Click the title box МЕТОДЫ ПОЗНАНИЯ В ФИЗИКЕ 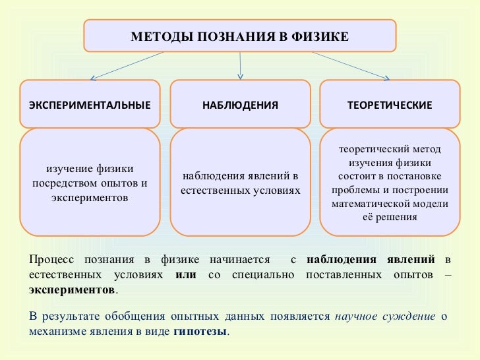[x=240, y=35]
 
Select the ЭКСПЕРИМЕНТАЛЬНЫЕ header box [x=90, y=104]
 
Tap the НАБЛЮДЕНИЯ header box [x=240, y=104]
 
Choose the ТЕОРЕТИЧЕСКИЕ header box [x=390, y=104]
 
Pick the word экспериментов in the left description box [x=90, y=196]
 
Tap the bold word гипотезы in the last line [x=200, y=331]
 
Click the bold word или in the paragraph [x=186, y=274]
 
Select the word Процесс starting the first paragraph [x=48, y=260]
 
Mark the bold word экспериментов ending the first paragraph [x=72, y=289]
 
